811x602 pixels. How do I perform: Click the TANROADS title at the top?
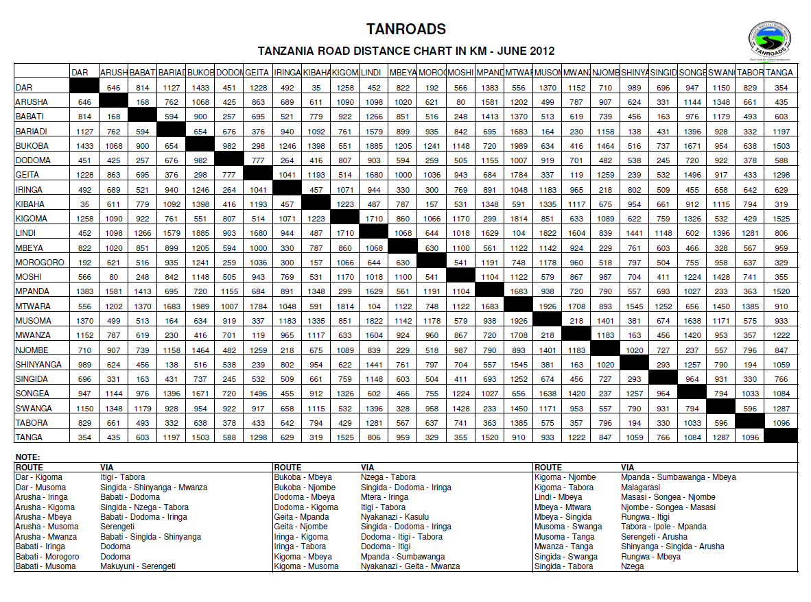(x=405, y=29)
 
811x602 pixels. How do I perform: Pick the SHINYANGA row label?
(x=39, y=364)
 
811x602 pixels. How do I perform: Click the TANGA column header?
(x=779, y=72)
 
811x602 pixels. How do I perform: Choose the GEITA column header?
(x=257, y=72)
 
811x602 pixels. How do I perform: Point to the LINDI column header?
(x=371, y=72)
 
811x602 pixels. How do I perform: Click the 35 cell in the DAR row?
(x=316, y=87)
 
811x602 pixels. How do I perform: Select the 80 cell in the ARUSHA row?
(x=460, y=101)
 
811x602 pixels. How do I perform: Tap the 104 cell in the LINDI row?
(x=518, y=232)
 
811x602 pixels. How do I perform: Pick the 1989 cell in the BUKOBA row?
(x=518, y=145)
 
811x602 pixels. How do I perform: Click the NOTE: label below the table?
(x=28, y=457)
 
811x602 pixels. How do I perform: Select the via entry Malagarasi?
(x=642, y=487)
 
